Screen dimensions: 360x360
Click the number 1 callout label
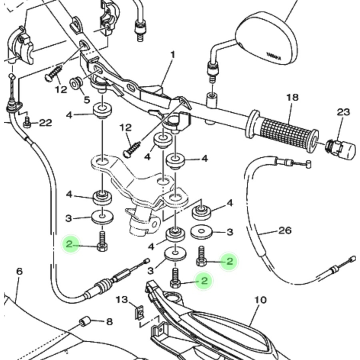[173, 54]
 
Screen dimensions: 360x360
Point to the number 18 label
[292, 98]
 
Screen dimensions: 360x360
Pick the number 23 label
[343, 112]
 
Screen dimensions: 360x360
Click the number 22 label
[45, 123]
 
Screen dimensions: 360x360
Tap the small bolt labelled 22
[28, 123]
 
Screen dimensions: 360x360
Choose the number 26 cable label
[284, 230]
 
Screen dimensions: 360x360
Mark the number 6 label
[19, 271]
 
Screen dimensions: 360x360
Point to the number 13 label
[122, 299]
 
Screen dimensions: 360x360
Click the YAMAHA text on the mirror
[274, 57]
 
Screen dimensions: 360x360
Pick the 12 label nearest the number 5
[61, 89]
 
